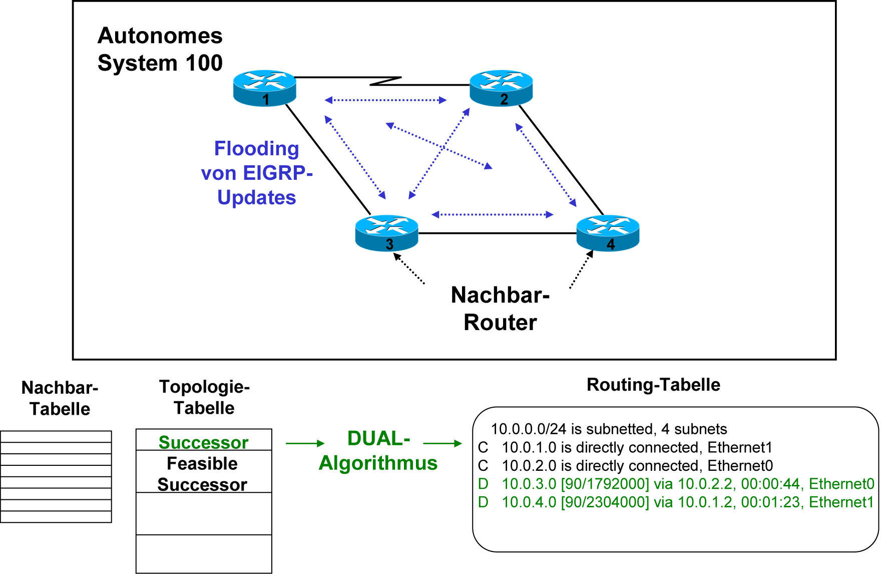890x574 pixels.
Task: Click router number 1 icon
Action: [x=265, y=88]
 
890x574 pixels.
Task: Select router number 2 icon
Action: [x=501, y=88]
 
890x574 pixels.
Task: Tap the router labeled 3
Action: [x=386, y=233]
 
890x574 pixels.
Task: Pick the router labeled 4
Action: [x=608, y=233]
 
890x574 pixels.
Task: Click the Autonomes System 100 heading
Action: [x=160, y=49]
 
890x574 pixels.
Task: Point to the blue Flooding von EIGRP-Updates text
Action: [x=257, y=173]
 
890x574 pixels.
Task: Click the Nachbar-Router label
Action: [x=500, y=309]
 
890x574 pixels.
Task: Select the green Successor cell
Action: [x=203, y=442]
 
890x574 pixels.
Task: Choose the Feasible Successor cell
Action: [x=202, y=474]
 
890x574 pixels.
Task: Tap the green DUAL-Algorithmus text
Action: [x=378, y=451]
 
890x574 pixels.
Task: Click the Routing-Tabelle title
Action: [x=653, y=385]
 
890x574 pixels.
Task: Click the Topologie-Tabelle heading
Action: [x=204, y=397]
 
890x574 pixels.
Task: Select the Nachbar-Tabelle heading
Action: [x=60, y=398]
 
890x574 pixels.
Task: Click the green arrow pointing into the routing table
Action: [x=442, y=443]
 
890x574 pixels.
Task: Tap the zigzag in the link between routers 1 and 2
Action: [x=385, y=81]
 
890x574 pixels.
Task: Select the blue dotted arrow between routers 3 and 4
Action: [x=492, y=214]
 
